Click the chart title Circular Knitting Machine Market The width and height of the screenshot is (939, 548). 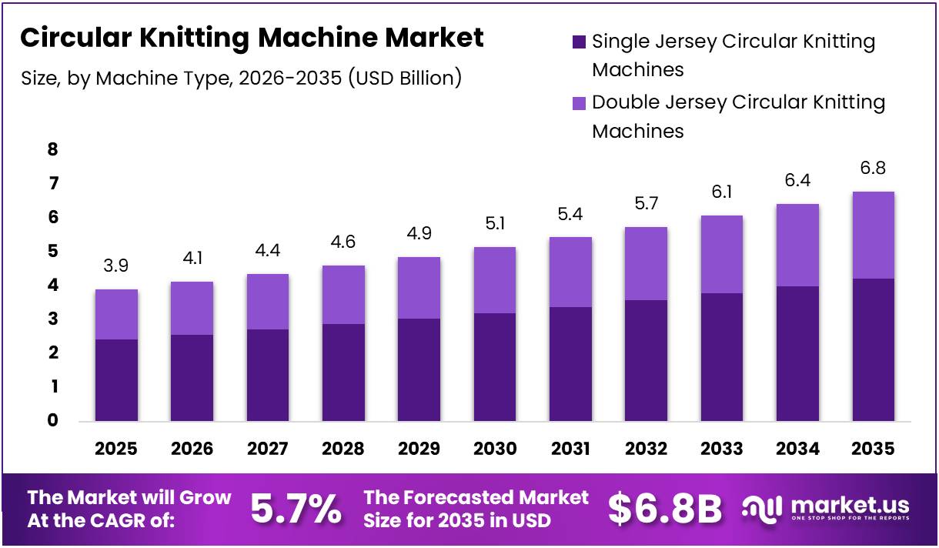click(x=252, y=38)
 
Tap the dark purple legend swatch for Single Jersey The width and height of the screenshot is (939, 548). click(x=580, y=42)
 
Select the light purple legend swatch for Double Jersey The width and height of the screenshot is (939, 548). click(x=580, y=102)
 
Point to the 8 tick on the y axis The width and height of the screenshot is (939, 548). click(x=52, y=149)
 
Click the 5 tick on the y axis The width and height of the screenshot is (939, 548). click(x=52, y=251)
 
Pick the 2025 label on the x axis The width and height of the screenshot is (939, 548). click(x=116, y=449)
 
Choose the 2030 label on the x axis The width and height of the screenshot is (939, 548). click(x=495, y=449)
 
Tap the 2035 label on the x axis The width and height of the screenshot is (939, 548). click(x=874, y=449)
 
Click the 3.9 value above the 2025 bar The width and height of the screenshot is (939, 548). click(x=116, y=266)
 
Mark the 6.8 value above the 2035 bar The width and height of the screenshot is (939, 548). click(x=874, y=168)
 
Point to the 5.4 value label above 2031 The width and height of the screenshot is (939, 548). click(x=571, y=214)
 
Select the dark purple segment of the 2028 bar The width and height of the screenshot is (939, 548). click(x=343, y=373)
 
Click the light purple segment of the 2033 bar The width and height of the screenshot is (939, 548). click(x=722, y=254)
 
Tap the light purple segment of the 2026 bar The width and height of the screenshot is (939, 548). click(x=192, y=308)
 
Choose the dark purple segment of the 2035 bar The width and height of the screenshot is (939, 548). click(x=874, y=350)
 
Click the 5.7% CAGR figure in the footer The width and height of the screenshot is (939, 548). click(x=296, y=509)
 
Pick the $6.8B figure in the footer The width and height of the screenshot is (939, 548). click(x=665, y=509)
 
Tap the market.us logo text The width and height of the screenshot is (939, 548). click(x=850, y=506)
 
